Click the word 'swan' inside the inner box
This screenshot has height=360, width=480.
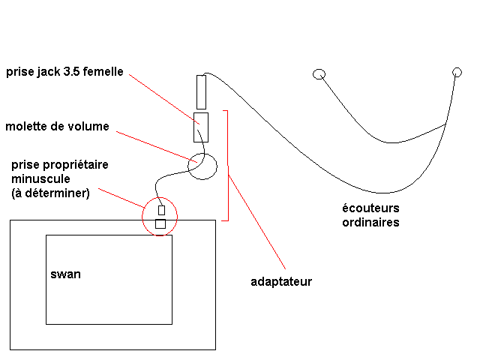tap(66, 274)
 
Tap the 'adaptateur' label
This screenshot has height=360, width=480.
tap(280, 282)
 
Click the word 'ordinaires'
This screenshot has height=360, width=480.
tap(370, 222)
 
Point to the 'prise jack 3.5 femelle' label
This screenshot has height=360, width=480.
tap(64, 73)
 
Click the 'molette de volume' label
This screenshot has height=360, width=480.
tap(57, 127)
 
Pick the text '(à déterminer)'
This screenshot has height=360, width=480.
tap(50, 193)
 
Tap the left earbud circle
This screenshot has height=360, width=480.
tap(319, 73)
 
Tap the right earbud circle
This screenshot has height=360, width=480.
tap(457, 72)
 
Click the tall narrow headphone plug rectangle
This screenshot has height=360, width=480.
tap(201, 91)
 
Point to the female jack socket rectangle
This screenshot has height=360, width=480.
tap(201, 127)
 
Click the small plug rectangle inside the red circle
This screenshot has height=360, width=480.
tap(161, 210)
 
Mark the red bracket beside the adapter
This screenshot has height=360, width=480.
tap(228, 165)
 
